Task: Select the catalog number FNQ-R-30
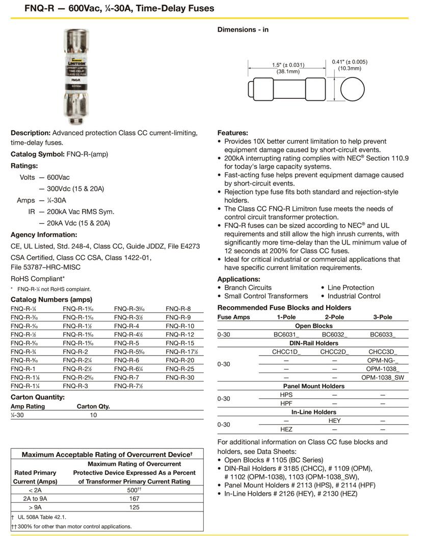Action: [x=180, y=378]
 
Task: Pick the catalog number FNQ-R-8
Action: [x=178, y=309]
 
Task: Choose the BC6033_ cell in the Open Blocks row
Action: [x=383, y=334]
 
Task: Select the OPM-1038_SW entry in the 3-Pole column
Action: [x=383, y=378]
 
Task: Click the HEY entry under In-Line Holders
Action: [x=334, y=421]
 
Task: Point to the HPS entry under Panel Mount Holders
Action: [x=286, y=395]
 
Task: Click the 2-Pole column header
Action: [x=334, y=317]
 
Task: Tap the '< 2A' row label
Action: [x=35, y=490]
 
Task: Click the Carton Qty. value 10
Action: [x=93, y=415]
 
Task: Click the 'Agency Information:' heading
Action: [x=44, y=235]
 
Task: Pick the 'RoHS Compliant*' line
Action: [x=38, y=279]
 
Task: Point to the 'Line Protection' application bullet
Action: [x=351, y=287]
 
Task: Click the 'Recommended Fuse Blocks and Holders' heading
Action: [x=284, y=308]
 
